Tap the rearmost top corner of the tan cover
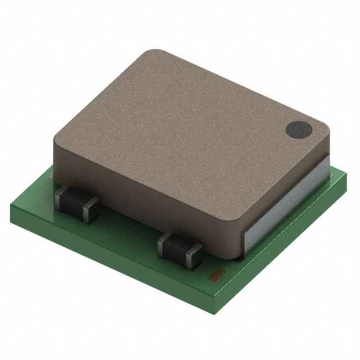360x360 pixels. click(x=152, y=52)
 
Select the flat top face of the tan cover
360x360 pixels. click(x=186, y=124)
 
